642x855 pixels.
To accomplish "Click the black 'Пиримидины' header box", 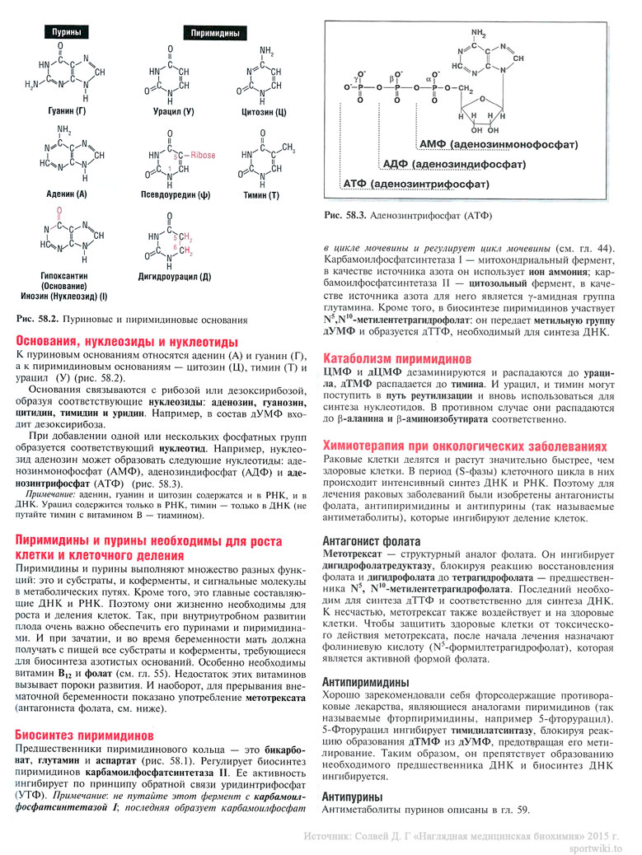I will click(x=215, y=34).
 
